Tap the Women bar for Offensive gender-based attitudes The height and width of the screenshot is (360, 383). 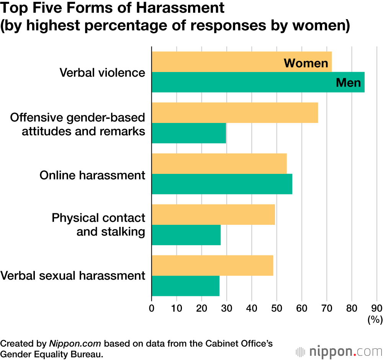tap(234, 113)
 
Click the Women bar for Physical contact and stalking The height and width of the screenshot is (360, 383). tap(213, 214)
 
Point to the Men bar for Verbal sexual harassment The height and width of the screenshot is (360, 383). tap(185, 286)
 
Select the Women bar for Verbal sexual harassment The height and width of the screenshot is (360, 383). tap(212, 265)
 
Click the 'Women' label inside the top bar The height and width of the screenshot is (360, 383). tap(306, 63)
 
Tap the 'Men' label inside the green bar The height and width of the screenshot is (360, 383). tap(348, 82)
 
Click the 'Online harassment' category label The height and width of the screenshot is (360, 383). tap(92, 175)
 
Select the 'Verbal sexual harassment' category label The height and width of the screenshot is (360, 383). tap(73, 276)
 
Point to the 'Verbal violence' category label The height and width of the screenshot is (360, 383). tap(102, 73)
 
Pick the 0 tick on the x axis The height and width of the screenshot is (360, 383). tap(152, 308)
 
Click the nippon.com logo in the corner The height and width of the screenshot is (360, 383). tap(339, 350)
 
